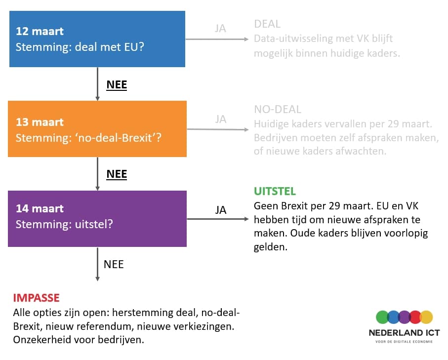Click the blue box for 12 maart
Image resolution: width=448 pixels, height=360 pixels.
[x=97, y=39]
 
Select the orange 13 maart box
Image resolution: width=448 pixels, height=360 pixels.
[x=97, y=129]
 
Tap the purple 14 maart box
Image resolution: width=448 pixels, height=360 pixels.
[x=97, y=219]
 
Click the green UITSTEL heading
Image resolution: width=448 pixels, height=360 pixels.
[x=275, y=191]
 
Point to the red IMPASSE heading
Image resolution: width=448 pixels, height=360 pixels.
[x=36, y=298]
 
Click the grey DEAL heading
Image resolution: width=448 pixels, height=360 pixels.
[x=267, y=24]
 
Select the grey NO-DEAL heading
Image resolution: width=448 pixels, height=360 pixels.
[x=278, y=110]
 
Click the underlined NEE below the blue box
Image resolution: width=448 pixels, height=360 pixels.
[x=117, y=85]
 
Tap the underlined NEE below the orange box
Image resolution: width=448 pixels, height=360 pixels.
[x=117, y=174]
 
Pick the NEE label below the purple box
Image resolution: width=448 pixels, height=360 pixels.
[x=114, y=264]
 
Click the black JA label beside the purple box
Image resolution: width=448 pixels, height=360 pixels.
[x=221, y=210]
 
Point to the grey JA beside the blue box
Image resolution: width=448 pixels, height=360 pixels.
[x=221, y=28]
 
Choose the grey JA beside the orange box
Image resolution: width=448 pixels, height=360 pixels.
[x=221, y=119]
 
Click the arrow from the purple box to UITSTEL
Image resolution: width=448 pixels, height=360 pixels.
[x=218, y=219]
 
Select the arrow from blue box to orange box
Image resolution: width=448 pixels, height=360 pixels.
[x=97, y=84]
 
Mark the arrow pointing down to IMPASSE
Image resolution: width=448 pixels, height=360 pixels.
[x=97, y=264]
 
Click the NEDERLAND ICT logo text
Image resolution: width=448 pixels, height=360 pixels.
[x=404, y=333]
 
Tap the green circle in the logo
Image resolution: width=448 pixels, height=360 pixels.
[x=382, y=317]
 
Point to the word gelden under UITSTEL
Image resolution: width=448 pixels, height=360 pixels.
[x=270, y=247]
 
